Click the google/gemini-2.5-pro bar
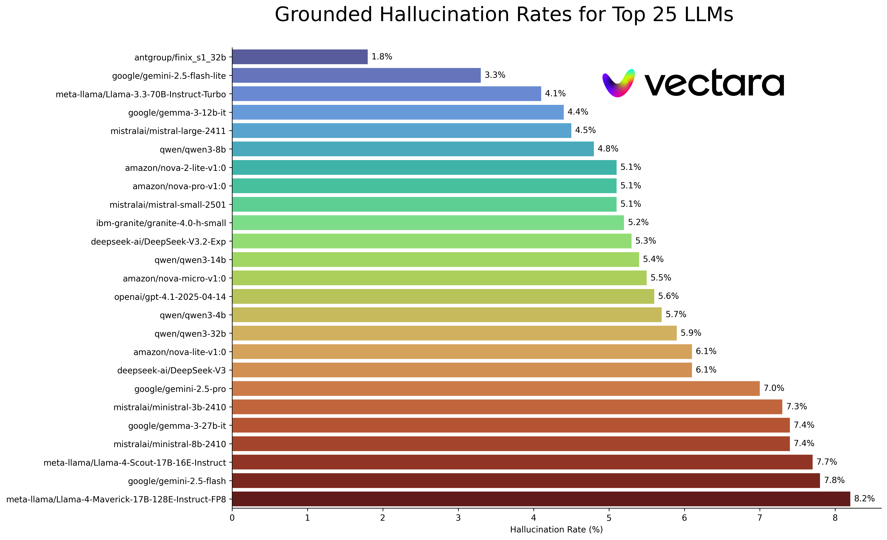[496, 389]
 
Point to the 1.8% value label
[382, 57]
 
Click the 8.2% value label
[864, 499]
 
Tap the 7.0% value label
[774, 388]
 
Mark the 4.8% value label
[608, 149]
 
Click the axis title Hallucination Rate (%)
[556, 530]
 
